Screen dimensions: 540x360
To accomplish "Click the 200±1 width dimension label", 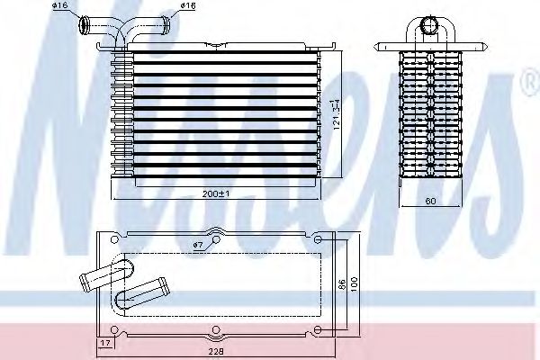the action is click(216, 193).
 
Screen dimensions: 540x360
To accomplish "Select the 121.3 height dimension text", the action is click(337, 114).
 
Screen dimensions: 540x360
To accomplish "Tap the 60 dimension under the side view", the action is click(430, 201).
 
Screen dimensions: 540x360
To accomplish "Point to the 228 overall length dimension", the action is click(216, 351).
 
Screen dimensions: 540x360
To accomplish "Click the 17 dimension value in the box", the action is click(105, 342).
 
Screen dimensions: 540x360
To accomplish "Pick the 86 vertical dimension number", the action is click(342, 285).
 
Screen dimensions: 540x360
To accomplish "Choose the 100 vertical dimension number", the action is click(355, 283).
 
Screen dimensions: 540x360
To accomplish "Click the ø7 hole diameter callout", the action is click(199, 245).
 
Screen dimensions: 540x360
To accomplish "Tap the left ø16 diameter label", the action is click(59, 5).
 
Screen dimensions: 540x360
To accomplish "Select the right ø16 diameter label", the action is click(188, 5).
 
